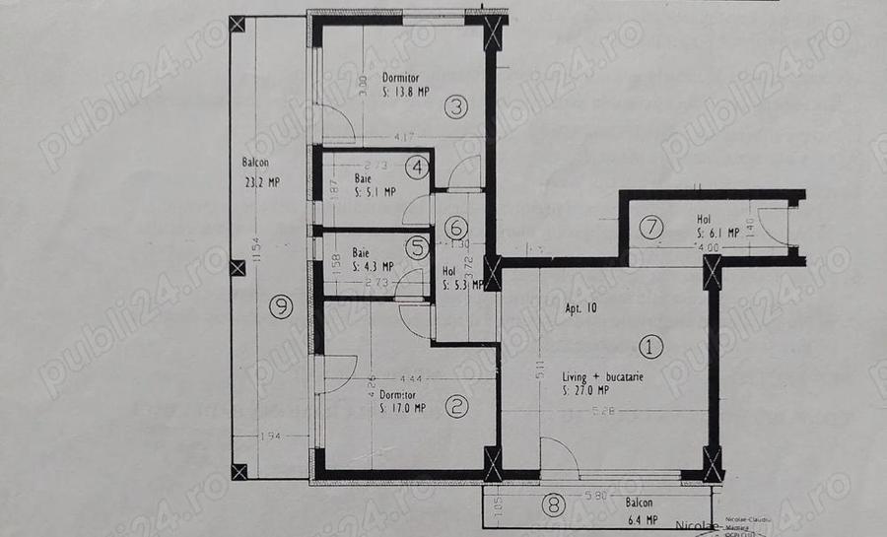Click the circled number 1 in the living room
pos(650,347)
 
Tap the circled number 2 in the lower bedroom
pos(455,403)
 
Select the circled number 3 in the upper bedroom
pos(453,107)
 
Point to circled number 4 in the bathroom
pos(418,168)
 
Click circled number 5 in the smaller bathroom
pos(418,245)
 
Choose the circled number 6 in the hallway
pos(454,228)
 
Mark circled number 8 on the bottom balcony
pos(555,506)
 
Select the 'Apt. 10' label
pos(580,308)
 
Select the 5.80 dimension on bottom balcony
pos(592,496)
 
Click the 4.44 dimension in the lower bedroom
pos(412,377)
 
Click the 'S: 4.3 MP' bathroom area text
pos(374,266)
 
